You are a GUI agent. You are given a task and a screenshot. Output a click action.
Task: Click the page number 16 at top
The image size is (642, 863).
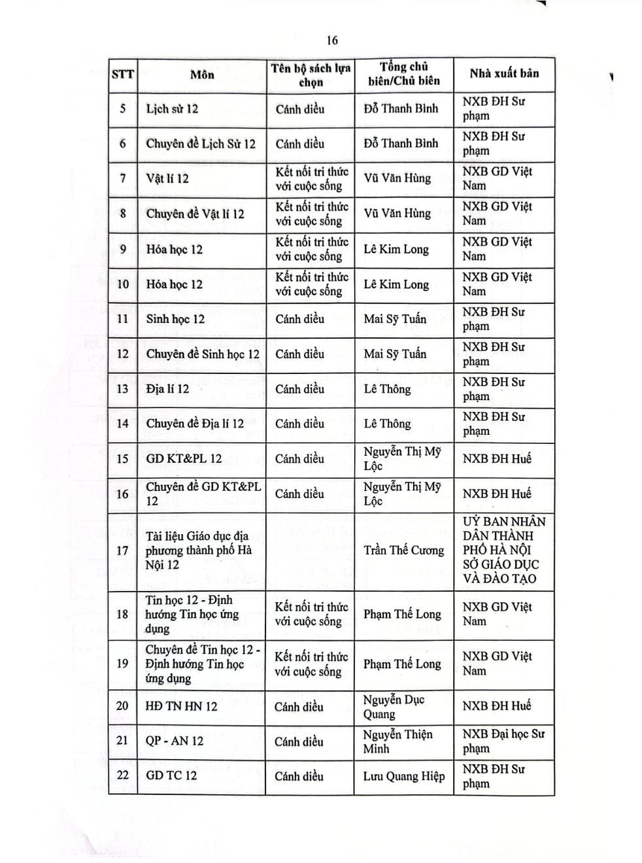[332, 41]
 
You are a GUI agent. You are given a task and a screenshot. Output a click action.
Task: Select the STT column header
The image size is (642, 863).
[123, 74]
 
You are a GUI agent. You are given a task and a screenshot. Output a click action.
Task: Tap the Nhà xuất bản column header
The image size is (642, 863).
[504, 73]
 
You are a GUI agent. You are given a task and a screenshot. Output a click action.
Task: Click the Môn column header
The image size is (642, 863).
[202, 75]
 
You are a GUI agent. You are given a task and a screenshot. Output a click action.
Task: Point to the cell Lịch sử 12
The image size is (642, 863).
[172, 109]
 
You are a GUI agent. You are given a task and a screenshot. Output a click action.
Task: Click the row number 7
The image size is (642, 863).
[123, 178]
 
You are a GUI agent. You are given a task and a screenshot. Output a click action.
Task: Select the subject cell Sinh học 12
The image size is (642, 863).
[175, 319]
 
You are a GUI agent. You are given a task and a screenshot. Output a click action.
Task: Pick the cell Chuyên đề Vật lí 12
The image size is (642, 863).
[195, 214]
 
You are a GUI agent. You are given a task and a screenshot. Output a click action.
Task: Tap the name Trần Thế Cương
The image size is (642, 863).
[403, 550]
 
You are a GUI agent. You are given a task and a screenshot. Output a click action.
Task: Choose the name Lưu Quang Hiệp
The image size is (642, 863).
[403, 776]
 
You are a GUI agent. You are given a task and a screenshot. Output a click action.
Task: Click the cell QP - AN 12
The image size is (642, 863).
[175, 741]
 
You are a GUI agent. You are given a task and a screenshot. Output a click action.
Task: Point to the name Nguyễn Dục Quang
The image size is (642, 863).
[394, 707]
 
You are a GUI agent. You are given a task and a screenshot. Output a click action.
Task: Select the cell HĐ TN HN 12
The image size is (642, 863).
[182, 706]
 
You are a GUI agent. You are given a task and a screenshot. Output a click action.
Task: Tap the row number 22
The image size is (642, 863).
[123, 775]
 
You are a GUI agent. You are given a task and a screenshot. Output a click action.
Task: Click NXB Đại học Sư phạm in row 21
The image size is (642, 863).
[503, 741]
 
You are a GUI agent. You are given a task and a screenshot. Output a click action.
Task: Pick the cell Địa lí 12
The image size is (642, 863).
[167, 389]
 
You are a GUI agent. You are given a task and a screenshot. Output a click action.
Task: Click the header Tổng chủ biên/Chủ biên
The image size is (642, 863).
[403, 74]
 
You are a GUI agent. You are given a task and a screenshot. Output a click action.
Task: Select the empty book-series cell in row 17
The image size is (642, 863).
[310, 551]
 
